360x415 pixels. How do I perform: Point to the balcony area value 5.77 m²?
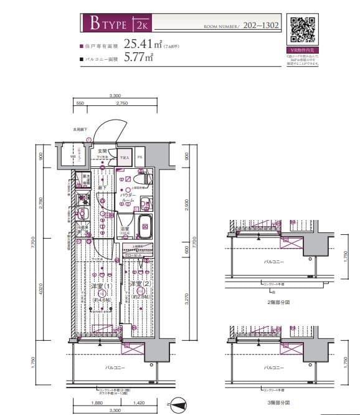coord(138,59)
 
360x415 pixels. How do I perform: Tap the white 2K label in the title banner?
coord(141,25)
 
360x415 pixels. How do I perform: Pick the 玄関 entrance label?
coord(102,151)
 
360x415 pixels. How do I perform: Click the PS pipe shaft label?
coord(140,157)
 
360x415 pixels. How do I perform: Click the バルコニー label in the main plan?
coord(113,368)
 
